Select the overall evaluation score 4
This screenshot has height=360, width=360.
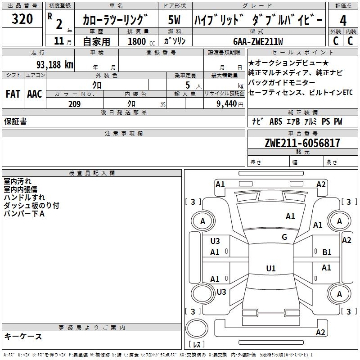[x=343, y=21]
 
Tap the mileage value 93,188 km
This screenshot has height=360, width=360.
[x=54, y=64]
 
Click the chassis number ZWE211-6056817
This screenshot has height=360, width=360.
[x=302, y=143]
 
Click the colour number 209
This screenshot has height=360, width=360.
[x=74, y=104]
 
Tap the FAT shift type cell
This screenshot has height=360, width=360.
[x=13, y=94]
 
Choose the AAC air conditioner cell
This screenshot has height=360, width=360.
[x=35, y=94]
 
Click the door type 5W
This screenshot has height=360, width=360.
[x=174, y=20]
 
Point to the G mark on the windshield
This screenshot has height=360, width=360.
[x=284, y=237]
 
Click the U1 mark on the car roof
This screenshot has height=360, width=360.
[x=270, y=269]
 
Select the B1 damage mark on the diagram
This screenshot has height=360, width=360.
[x=327, y=252]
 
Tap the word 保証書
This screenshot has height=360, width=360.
[x=15, y=121]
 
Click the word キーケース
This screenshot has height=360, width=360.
[x=23, y=336]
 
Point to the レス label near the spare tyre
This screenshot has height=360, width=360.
[x=197, y=345]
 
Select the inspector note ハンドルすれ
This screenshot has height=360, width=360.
[x=24, y=197]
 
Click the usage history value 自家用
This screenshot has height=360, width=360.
[x=96, y=41]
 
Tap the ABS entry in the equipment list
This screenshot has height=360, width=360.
[x=275, y=121]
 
